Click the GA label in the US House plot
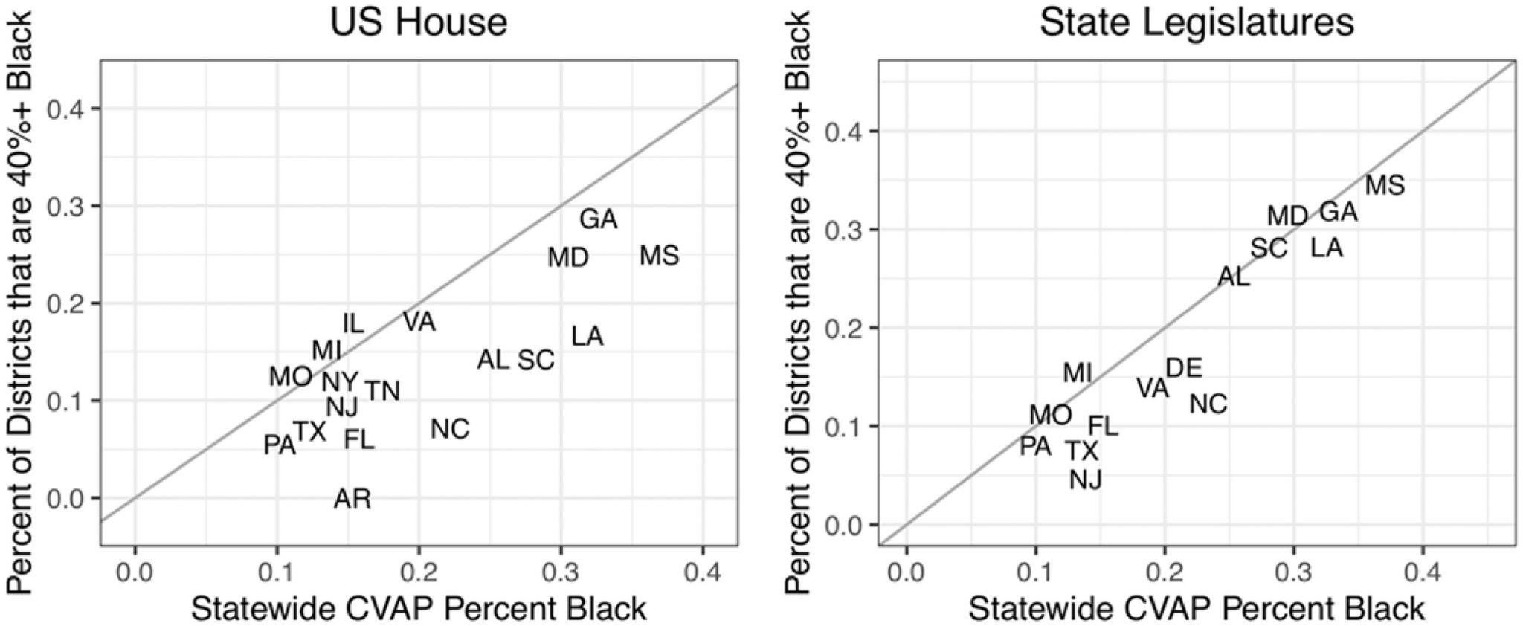click(598, 219)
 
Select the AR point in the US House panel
click(352, 498)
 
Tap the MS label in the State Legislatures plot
click(1385, 184)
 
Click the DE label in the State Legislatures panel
click(1183, 368)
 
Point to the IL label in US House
click(353, 323)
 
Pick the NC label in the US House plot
click(450, 429)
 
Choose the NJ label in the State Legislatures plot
click(1085, 480)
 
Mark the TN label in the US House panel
click(382, 391)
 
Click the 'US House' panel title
click(419, 22)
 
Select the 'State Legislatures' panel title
click(1197, 22)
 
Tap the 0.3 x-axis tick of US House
click(561, 574)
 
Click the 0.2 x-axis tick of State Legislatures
click(1165, 574)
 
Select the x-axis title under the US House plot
click(419, 609)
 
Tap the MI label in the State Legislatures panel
click(1077, 372)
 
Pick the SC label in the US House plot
click(536, 360)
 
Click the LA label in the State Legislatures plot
click(1327, 248)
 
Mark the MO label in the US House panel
click(290, 376)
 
